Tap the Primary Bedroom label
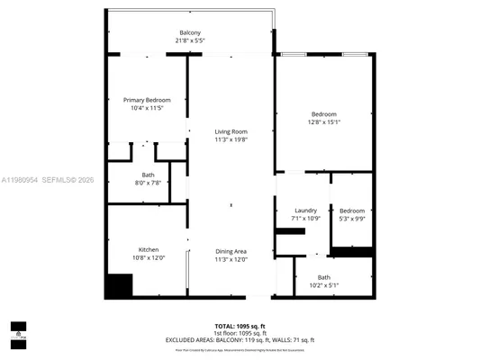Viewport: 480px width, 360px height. tap(147, 100)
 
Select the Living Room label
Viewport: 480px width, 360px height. tap(231, 132)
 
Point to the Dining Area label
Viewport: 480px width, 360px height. tap(231, 251)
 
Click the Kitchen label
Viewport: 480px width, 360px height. tap(149, 250)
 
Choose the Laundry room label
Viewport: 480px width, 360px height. tap(305, 211)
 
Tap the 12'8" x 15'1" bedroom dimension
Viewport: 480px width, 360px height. tap(324, 122)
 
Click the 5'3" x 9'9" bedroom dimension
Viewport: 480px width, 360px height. tap(351, 219)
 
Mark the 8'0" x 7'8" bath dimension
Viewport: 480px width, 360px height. tap(148, 183)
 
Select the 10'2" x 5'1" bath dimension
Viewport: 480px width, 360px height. tap(323, 285)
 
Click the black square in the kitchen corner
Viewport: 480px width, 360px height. tap(118, 285)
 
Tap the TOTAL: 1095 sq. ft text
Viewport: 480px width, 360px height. tap(240, 325)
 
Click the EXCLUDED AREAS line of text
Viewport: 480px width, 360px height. tap(240, 339)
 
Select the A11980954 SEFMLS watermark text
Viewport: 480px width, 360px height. tap(53, 179)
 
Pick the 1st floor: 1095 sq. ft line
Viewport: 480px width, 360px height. tap(240, 332)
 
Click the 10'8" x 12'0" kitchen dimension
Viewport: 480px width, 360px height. tap(149, 259)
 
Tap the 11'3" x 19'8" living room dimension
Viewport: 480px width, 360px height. tap(231, 140)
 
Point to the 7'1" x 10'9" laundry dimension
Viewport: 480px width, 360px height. tap(305, 219)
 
